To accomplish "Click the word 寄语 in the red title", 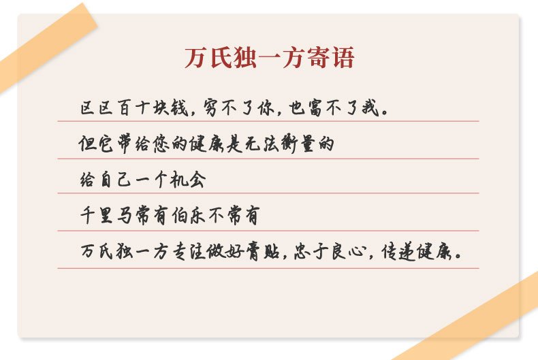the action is point(330,58).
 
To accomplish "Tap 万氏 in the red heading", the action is point(208,58).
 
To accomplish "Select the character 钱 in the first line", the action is point(180,108).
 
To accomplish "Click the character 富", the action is point(315,108).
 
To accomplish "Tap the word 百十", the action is point(133,108).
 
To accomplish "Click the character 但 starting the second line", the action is point(86,144).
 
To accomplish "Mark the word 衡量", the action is point(298,144).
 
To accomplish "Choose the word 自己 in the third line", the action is point(115,179).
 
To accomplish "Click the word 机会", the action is point(188,179).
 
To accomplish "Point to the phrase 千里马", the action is point(106,215).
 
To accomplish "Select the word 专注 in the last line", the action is point(188,251).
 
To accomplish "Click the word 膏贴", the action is point(263,251).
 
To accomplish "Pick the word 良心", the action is point(348,251).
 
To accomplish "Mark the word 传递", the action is point(398,252).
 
